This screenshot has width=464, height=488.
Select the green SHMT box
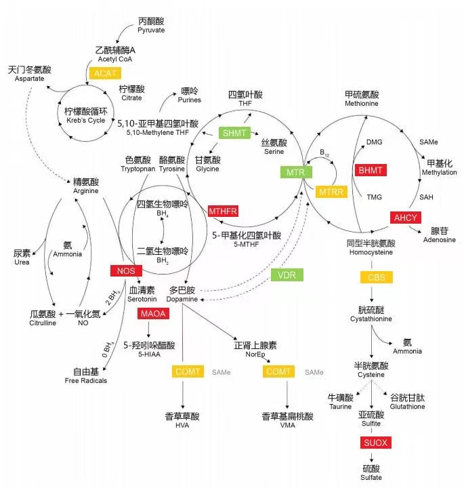pos(235,133)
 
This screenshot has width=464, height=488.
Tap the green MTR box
pos(295,172)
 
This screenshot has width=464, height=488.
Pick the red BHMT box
pos(371,169)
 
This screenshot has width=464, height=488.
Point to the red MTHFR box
pos(224,211)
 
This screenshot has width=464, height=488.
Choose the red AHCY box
pos(405,217)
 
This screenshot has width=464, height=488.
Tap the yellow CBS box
pos(376,277)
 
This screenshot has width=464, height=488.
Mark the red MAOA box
pos(153,314)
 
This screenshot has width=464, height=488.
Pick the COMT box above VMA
pos(278,372)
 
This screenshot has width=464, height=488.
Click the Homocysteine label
pos(371,253)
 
